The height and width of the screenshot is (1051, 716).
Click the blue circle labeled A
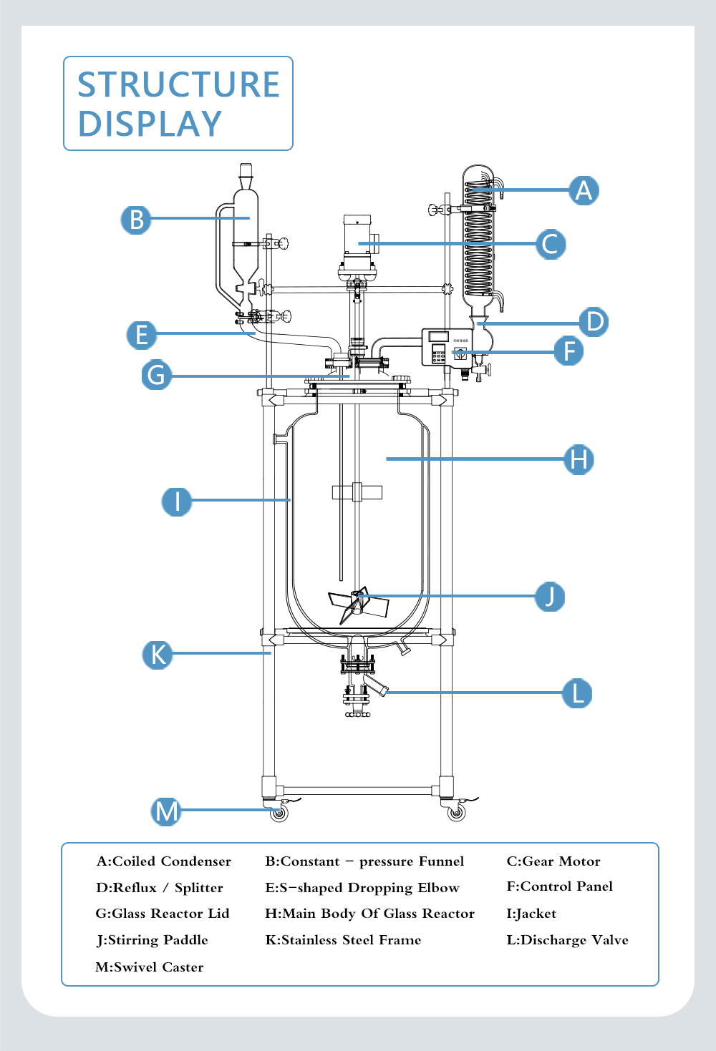[x=584, y=190]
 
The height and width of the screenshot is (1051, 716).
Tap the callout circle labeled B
[x=136, y=219]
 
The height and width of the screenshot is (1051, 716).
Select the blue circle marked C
[x=551, y=244]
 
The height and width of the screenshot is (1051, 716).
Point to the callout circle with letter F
[x=569, y=351]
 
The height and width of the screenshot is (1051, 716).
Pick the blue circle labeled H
[x=579, y=459]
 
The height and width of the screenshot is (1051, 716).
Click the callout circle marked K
[x=158, y=654]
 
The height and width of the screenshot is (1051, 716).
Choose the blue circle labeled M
[x=166, y=811]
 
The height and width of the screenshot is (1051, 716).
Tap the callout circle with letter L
[x=577, y=693]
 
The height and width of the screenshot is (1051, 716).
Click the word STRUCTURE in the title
[x=178, y=84]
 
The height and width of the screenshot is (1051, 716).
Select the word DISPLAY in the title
[x=150, y=124]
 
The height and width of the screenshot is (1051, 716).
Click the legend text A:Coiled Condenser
[x=164, y=861]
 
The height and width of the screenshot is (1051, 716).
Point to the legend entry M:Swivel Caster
[x=150, y=967]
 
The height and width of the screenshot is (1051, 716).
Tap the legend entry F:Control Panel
[x=560, y=886]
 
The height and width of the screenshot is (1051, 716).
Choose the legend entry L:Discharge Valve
[x=567, y=940]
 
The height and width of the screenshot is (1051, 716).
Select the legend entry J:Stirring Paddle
[x=153, y=940]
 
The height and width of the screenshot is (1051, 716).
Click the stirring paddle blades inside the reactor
[x=357, y=604]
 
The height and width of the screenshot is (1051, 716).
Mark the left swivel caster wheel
[x=279, y=813]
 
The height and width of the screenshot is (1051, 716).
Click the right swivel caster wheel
[x=456, y=813]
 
